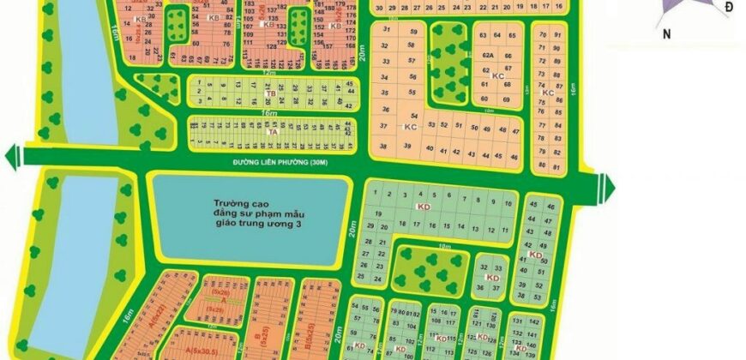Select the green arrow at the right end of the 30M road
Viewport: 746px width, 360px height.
[608, 185]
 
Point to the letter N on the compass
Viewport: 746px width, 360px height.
[665, 34]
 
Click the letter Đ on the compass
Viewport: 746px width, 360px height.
[728, 8]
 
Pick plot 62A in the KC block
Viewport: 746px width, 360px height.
[488, 53]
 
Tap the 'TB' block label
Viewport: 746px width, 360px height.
[270, 93]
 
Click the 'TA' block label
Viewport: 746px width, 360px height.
[273, 133]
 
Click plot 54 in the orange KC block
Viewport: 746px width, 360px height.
[414, 115]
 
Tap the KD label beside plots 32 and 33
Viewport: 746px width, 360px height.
[492, 278]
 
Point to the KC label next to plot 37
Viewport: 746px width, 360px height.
[410, 127]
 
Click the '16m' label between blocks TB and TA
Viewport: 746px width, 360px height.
[270, 112]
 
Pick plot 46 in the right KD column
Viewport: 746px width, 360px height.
[550, 207]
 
